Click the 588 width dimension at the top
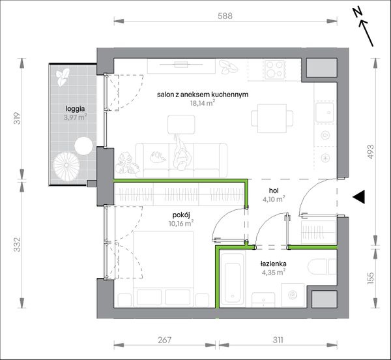tap(225, 16)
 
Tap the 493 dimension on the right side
tap(371, 152)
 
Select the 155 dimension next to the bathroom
tap(371, 278)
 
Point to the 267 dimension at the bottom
tap(165, 340)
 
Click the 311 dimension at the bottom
tap(278, 340)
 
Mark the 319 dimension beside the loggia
tap(17, 119)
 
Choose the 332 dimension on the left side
tap(17, 245)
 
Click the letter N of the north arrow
tap(358, 12)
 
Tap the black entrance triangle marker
tap(359, 197)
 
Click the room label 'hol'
tap(274, 191)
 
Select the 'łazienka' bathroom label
tap(273, 263)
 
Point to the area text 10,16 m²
tap(181, 223)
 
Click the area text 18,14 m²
tap(203, 103)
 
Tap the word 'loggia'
tap(75, 109)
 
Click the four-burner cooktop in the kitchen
tap(275, 68)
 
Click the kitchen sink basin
tap(325, 112)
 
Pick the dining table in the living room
tap(272, 119)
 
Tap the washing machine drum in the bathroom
tap(292, 295)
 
